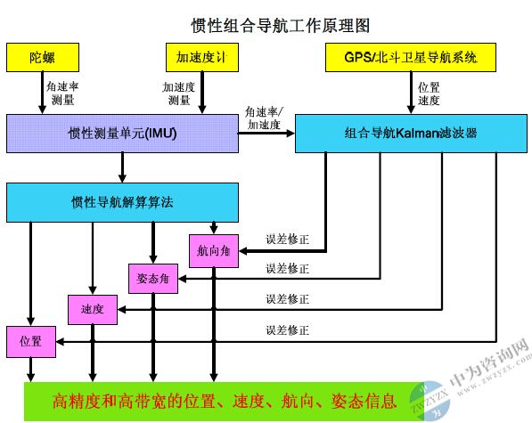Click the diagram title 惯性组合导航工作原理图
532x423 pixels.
click(x=280, y=26)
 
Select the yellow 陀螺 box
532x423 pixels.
click(x=43, y=57)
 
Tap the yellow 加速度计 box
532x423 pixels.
click(x=202, y=57)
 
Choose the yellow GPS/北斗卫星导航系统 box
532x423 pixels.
click(x=411, y=57)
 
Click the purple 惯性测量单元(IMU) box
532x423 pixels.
click(x=122, y=134)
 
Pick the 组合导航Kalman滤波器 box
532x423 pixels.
click(x=411, y=134)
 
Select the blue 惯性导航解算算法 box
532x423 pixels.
click(x=122, y=202)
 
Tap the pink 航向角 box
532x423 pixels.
click(x=214, y=251)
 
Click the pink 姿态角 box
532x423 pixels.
click(x=153, y=279)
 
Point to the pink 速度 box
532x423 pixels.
click(x=93, y=309)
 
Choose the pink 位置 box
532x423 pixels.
click(x=31, y=342)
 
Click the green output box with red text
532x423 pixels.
click(x=224, y=402)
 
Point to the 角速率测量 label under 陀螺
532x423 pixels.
click(x=62, y=94)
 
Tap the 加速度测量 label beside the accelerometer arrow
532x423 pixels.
click(x=178, y=94)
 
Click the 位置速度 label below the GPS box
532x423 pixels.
click(x=429, y=94)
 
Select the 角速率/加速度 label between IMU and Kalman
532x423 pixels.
click(x=264, y=118)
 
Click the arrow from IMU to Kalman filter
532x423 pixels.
click(x=266, y=134)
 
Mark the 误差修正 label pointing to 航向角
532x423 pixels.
click(x=287, y=240)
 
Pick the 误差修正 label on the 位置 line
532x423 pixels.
click(x=287, y=330)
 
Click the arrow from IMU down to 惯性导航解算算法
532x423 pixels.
click(x=122, y=167)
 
